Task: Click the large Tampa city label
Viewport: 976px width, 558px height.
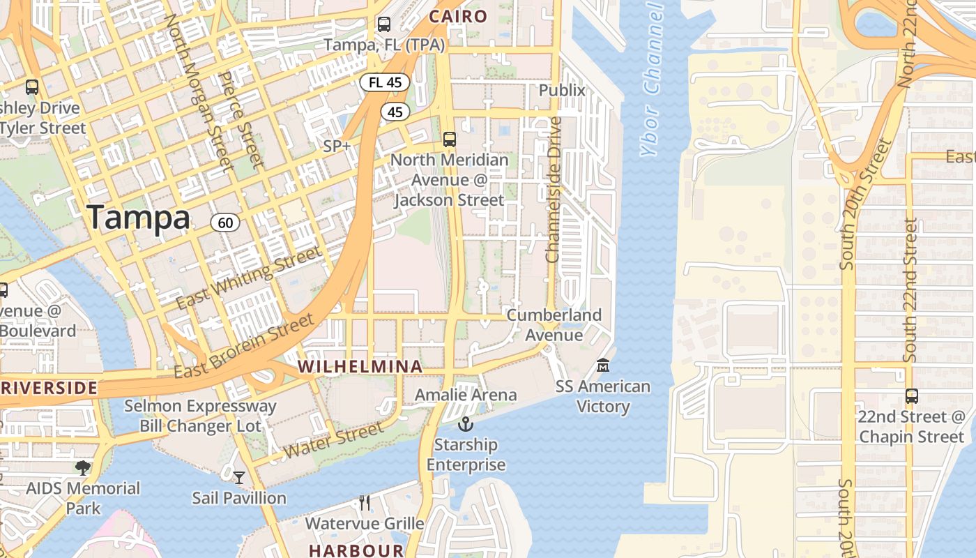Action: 139,218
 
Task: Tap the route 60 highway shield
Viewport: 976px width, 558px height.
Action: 225,223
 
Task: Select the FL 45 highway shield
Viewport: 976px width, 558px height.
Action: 385,82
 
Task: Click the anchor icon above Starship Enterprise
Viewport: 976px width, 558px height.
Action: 465,423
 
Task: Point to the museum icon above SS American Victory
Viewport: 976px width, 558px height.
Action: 603,365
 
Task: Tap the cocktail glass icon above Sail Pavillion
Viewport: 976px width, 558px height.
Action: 239,477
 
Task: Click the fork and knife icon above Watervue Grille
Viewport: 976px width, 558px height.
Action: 364,502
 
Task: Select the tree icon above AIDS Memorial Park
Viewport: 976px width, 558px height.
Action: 83,467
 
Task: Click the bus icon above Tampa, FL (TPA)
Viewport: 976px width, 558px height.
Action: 383,24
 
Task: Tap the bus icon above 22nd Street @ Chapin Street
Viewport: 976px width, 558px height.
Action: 911,396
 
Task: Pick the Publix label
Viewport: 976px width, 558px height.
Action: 562,90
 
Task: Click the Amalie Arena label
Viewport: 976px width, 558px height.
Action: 466,395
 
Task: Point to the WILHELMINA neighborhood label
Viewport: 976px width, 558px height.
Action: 360,366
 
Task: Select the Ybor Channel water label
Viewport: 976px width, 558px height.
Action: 651,80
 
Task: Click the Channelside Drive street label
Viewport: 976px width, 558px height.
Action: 554,190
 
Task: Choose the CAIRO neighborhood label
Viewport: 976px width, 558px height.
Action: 457,16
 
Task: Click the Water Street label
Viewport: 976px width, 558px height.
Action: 333,441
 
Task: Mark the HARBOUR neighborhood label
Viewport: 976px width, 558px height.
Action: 356,550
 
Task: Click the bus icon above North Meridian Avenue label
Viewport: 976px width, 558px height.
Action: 450,139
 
